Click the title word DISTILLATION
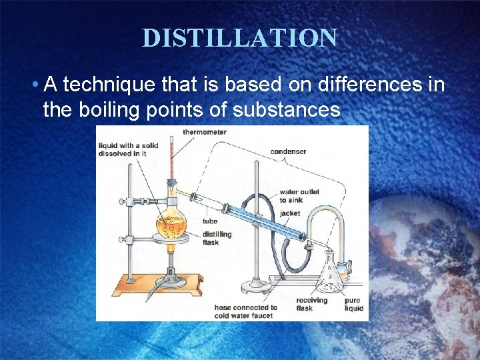239,38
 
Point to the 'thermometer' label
205,132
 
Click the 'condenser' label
288,151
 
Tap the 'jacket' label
290,213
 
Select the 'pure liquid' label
353,305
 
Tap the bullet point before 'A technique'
34,85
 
